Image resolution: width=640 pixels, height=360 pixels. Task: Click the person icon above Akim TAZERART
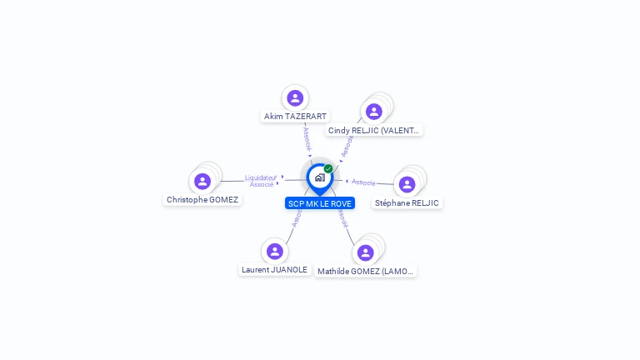click(294, 97)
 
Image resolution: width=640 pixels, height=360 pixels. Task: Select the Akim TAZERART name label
click(295, 117)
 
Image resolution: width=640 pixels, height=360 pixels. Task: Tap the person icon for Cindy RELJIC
click(373, 111)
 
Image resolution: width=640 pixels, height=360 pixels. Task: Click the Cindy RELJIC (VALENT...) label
click(374, 130)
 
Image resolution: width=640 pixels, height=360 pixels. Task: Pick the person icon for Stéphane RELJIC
click(407, 184)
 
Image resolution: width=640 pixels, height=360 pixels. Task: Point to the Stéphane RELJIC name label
click(407, 202)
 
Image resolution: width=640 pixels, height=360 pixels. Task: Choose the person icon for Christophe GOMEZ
click(202, 181)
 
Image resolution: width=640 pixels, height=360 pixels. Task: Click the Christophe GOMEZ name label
click(202, 199)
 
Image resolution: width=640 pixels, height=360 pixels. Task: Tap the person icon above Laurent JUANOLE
click(274, 251)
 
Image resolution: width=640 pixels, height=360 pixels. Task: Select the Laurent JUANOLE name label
click(274, 269)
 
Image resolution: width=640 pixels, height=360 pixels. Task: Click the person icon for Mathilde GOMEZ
click(365, 252)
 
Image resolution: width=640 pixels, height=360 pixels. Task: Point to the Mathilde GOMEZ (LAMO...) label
click(366, 271)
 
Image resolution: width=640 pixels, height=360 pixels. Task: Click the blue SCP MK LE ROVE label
click(320, 203)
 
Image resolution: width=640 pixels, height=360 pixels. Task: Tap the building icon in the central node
click(319, 177)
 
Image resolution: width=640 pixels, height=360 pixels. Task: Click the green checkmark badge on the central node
click(328, 168)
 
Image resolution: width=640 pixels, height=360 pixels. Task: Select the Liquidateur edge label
click(261, 177)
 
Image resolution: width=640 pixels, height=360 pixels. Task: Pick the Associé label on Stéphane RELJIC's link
click(363, 182)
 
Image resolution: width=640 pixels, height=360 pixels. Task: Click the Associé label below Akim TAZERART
click(307, 137)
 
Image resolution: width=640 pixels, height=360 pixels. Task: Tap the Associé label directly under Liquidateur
click(262, 184)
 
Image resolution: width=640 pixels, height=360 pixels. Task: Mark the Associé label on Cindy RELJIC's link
click(347, 145)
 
